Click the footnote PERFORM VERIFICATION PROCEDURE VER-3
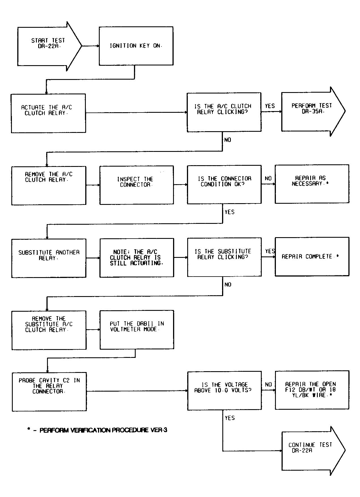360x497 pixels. click(97, 430)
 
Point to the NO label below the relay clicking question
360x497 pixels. click(228, 140)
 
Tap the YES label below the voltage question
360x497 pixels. click(230, 418)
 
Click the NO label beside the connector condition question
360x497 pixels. click(268, 179)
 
